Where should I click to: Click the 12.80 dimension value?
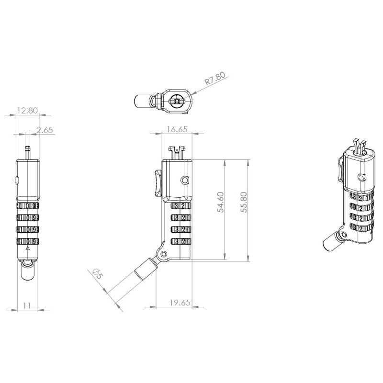click(27, 111)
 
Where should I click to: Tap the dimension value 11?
click(27, 304)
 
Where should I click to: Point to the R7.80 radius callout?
click(215, 79)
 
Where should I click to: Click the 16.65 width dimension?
click(177, 129)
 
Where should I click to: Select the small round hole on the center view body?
click(185, 180)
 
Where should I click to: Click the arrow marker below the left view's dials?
click(27, 249)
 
